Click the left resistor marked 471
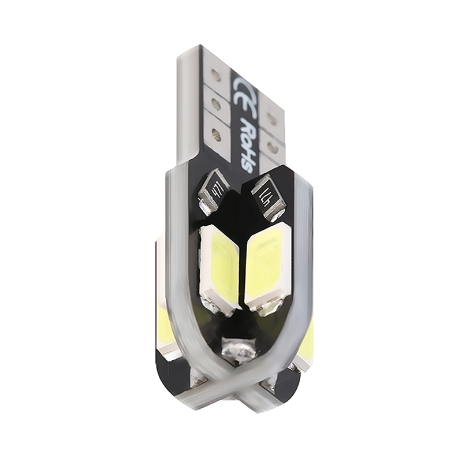[213, 192]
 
